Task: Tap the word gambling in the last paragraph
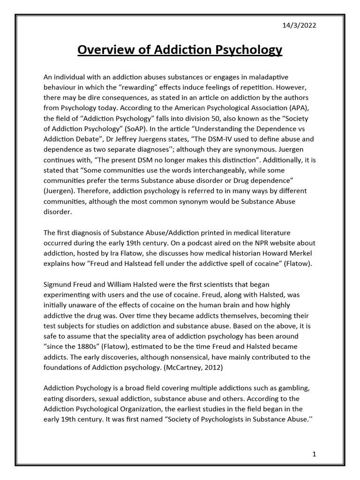(283, 389)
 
